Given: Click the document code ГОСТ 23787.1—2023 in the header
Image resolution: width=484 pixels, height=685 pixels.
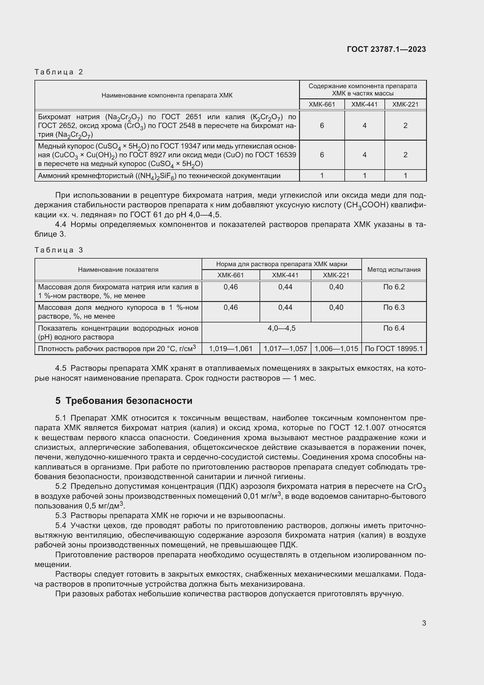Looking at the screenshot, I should [386, 49].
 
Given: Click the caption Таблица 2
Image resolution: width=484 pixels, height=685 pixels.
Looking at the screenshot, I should [59, 72].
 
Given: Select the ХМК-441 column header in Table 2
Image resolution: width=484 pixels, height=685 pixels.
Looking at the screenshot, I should [364, 105].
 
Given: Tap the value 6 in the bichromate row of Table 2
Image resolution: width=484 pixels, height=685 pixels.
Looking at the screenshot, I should [322, 126].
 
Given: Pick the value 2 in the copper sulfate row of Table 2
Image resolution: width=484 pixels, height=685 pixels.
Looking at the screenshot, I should [405, 155].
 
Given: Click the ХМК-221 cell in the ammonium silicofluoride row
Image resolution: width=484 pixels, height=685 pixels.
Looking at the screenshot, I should [405, 176].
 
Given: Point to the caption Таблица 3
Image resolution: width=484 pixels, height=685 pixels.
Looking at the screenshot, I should [59, 250].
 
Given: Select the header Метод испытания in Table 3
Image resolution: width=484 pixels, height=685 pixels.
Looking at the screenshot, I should [393, 270].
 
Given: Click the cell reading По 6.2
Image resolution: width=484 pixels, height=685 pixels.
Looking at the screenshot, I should [393, 287].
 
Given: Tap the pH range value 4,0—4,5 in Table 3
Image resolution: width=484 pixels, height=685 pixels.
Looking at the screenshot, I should [281, 328].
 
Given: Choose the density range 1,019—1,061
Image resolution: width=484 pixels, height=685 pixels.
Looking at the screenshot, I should [230, 349].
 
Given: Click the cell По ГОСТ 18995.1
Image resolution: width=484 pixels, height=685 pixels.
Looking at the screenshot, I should [393, 349].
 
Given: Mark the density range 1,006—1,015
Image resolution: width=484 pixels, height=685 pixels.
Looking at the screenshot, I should [336, 349].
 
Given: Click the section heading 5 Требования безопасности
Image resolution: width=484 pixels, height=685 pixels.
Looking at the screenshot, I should [124, 401].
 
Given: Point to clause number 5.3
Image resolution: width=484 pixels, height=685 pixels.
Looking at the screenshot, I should [61, 515].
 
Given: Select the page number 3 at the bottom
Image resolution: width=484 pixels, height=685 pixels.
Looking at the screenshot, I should [424, 623].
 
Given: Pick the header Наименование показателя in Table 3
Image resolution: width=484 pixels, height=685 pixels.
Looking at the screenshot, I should [118, 270].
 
